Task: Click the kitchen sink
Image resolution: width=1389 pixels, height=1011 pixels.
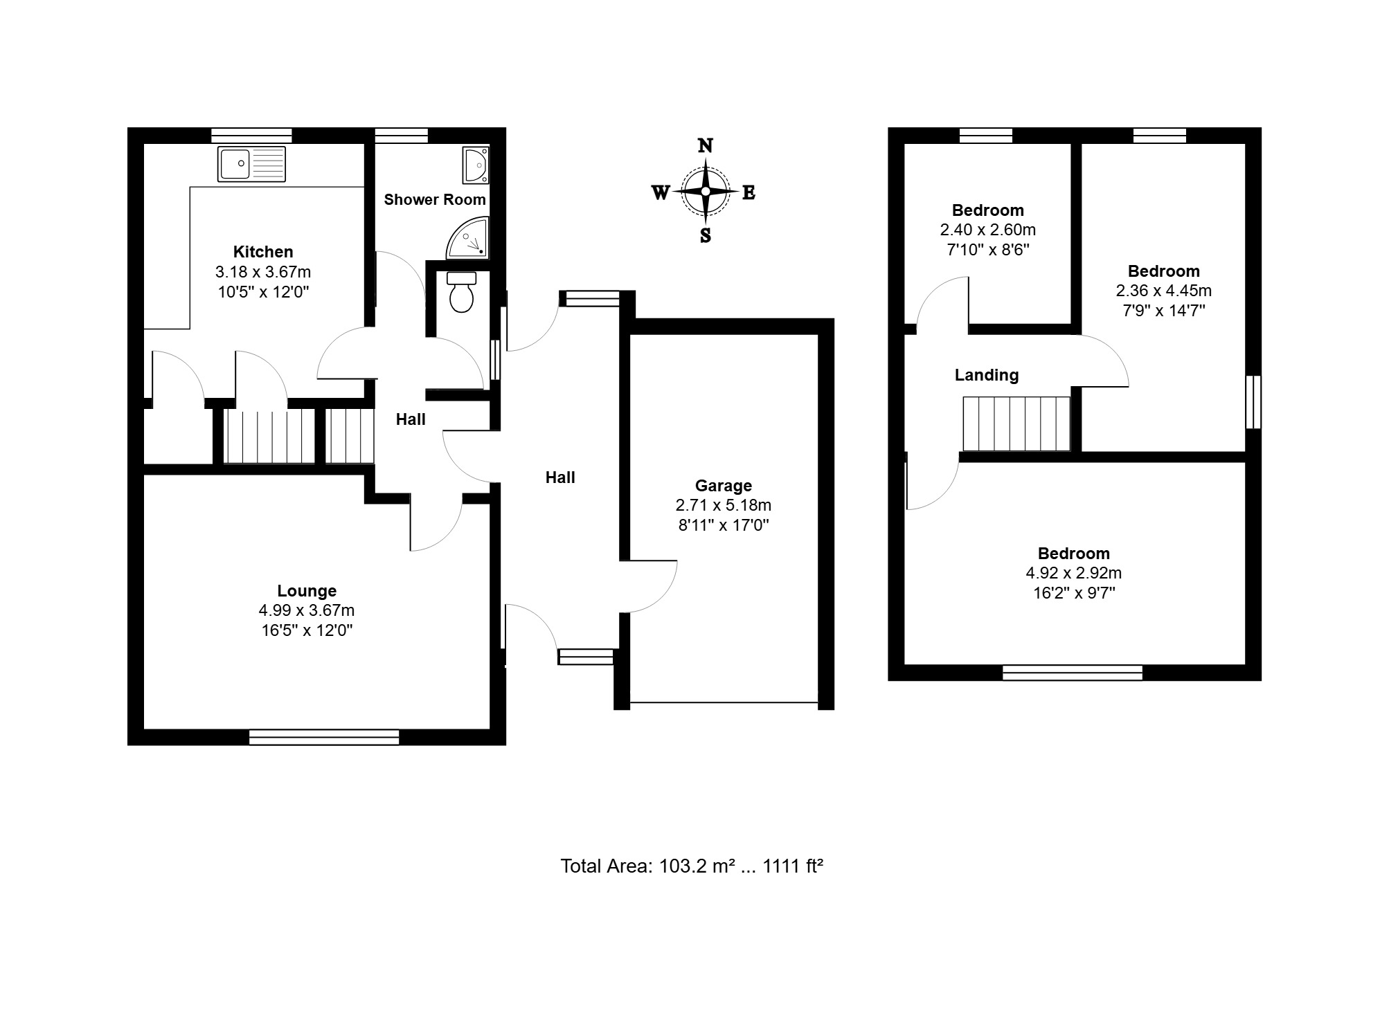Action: (251, 164)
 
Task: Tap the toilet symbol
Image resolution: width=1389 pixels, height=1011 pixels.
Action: (461, 292)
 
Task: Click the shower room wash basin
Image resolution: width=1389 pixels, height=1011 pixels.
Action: (476, 165)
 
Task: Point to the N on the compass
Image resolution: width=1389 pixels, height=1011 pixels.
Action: (705, 145)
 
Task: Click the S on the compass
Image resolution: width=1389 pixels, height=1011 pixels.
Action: (706, 236)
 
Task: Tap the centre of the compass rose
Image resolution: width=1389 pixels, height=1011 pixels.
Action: (706, 192)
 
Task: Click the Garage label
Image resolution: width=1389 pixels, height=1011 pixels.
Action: (724, 486)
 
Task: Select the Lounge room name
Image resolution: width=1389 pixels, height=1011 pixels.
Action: (307, 591)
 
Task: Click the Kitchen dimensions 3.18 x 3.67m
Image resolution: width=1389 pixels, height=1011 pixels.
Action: (263, 272)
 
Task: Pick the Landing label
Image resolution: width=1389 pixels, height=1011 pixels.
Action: (987, 376)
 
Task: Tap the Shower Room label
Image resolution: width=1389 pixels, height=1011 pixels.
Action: (435, 200)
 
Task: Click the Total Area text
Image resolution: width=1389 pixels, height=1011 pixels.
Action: (692, 866)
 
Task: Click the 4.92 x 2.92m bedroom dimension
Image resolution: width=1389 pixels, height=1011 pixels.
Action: (1074, 573)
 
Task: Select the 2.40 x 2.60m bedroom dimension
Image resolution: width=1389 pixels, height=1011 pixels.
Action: (988, 230)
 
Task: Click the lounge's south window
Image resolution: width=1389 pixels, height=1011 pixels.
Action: (324, 737)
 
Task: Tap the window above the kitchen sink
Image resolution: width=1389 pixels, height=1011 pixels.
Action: (251, 135)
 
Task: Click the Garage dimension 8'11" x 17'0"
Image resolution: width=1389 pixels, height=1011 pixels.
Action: (724, 525)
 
